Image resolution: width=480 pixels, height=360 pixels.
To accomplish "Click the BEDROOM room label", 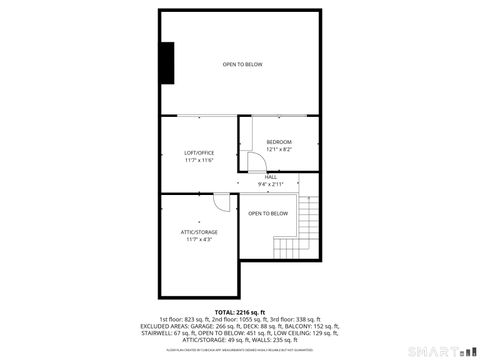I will [x=279, y=143].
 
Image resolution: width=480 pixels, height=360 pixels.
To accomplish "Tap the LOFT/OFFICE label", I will [x=200, y=153].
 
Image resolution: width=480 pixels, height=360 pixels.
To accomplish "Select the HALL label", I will [x=271, y=177].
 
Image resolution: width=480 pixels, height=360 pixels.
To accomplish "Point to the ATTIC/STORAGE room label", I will [x=199, y=232].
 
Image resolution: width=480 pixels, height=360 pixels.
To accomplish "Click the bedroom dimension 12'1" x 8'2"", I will [x=279, y=150].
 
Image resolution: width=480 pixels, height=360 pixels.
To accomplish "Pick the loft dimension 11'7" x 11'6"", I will [x=200, y=160].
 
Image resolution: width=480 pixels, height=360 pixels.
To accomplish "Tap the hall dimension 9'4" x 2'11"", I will [x=271, y=184].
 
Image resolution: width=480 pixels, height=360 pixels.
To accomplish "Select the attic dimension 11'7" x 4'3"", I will [x=199, y=239].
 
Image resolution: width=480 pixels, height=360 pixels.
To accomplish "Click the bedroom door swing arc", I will [x=255, y=163].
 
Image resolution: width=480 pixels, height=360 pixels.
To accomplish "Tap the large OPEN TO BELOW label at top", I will [x=242, y=65].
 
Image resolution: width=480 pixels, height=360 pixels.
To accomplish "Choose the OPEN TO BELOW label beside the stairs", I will [x=268, y=213].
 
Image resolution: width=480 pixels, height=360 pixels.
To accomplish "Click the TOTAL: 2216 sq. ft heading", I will [x=241, y=312].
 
